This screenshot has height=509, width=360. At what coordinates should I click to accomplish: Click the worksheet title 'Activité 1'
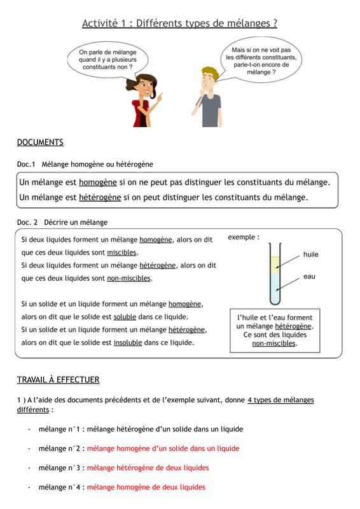[x=104, y=24]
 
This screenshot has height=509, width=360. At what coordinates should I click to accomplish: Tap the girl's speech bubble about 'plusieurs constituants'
[x=107, y=60]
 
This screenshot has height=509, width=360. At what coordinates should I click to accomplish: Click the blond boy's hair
[x=210, y=73]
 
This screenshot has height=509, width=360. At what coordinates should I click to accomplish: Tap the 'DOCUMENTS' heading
[x=40, y=143]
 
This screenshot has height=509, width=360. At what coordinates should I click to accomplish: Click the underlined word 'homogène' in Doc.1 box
[x=98, y=182]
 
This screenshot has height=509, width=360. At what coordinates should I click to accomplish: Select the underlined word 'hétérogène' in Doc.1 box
[x=100, y=197]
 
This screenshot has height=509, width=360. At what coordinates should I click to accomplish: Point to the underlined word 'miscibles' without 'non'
[x=121, y=252]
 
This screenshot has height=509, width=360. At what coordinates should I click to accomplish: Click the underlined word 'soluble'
[x=125, y=316]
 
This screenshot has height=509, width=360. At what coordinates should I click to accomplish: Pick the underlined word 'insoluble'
[x=128, y=342]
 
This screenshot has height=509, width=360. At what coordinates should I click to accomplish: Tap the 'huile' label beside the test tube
[x=310, y=254]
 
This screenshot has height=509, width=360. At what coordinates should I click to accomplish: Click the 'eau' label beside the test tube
[x=309, y=277]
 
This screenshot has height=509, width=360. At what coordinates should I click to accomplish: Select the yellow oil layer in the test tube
[x=275, y=265]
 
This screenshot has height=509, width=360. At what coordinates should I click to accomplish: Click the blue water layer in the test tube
[x=275, y=287]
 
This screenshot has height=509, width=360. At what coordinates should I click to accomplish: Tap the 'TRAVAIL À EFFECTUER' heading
[x=58, y=380]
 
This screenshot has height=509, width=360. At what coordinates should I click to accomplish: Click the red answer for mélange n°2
[x=163, y=449]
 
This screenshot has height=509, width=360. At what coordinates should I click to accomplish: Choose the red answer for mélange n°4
[x=146, y=487]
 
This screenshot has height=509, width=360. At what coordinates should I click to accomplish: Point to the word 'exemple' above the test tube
[x=242, y=237]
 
